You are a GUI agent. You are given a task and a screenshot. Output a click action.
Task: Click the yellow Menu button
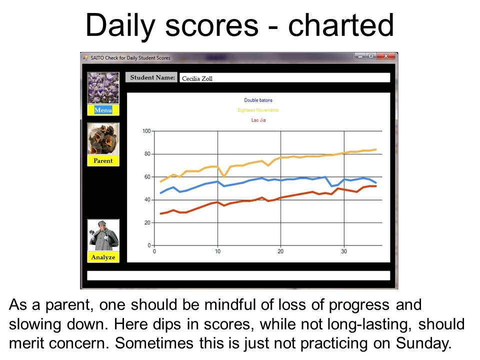point(103,110)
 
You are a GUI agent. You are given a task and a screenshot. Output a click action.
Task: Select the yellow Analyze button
point(103,257)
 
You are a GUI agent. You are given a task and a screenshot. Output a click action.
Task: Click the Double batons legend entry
point(258,100)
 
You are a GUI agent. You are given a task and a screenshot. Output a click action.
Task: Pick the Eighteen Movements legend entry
point(258,110)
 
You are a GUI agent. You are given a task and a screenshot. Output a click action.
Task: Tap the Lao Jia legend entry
point(258,120)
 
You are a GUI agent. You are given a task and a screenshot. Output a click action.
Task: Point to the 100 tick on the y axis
point(146,131)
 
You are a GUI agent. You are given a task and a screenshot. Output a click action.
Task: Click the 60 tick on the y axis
point(148,177)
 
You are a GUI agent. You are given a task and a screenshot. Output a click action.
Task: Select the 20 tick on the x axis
point(280,251)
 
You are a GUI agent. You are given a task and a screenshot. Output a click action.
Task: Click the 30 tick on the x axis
point(344,251)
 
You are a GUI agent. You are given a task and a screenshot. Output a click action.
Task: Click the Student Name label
point(152,77)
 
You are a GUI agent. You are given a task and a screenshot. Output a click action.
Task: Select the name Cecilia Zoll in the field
point(197,78)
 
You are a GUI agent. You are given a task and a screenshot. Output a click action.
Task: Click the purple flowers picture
point(103,88)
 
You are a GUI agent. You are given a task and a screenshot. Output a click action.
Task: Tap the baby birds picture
point(103,139)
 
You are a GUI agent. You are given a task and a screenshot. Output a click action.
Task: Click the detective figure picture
point(103,235)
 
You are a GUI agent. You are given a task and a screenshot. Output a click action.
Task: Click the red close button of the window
point(386,56)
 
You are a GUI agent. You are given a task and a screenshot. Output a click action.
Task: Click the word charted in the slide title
point(340,25)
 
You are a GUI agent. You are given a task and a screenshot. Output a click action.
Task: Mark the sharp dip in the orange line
point(224,177)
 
